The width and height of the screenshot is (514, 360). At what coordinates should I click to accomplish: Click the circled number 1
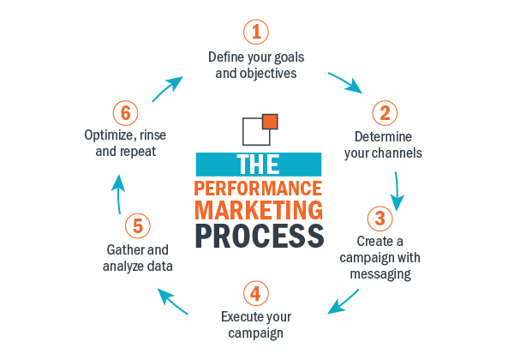256,33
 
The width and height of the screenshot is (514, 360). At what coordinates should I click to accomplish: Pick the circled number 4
256,293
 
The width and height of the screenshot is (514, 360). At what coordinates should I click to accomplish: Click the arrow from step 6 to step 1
169,86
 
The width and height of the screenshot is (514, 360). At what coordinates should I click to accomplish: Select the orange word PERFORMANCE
258,188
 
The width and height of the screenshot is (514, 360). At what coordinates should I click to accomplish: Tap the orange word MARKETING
258,209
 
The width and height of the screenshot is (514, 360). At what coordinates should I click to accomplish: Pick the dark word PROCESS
258,234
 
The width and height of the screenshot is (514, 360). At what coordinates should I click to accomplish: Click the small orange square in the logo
269,121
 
